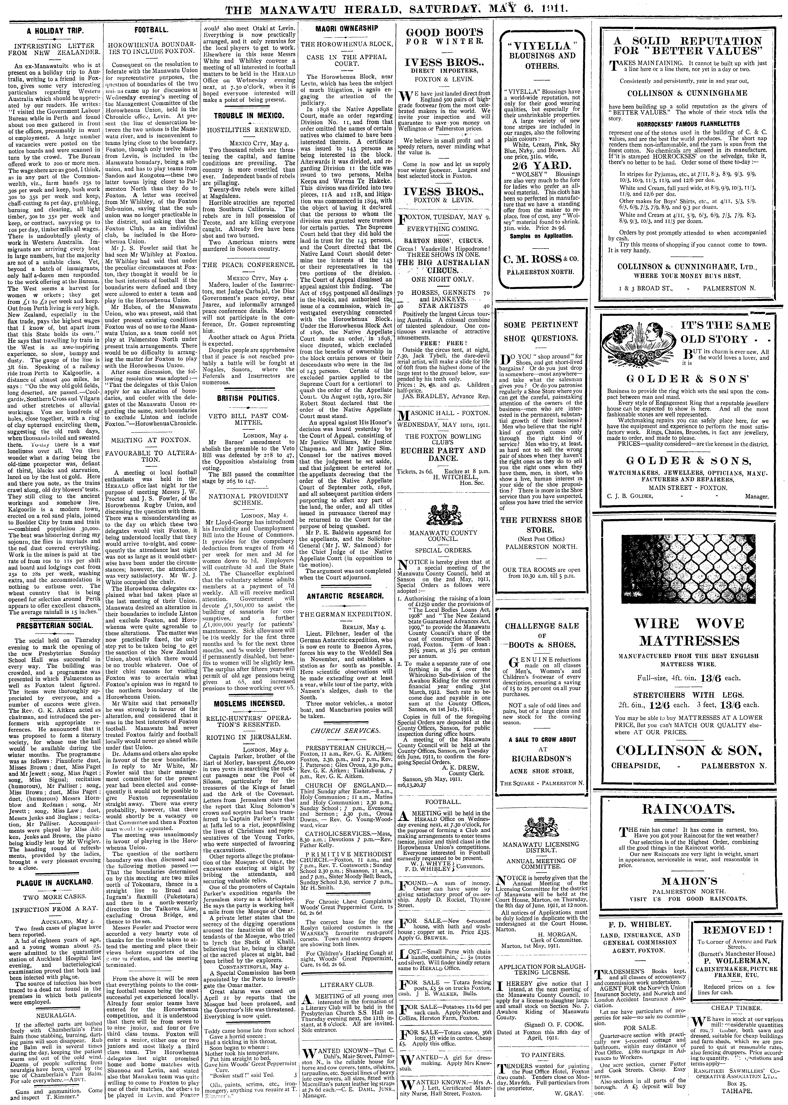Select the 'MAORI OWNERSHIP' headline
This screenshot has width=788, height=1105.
pos(347,29)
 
